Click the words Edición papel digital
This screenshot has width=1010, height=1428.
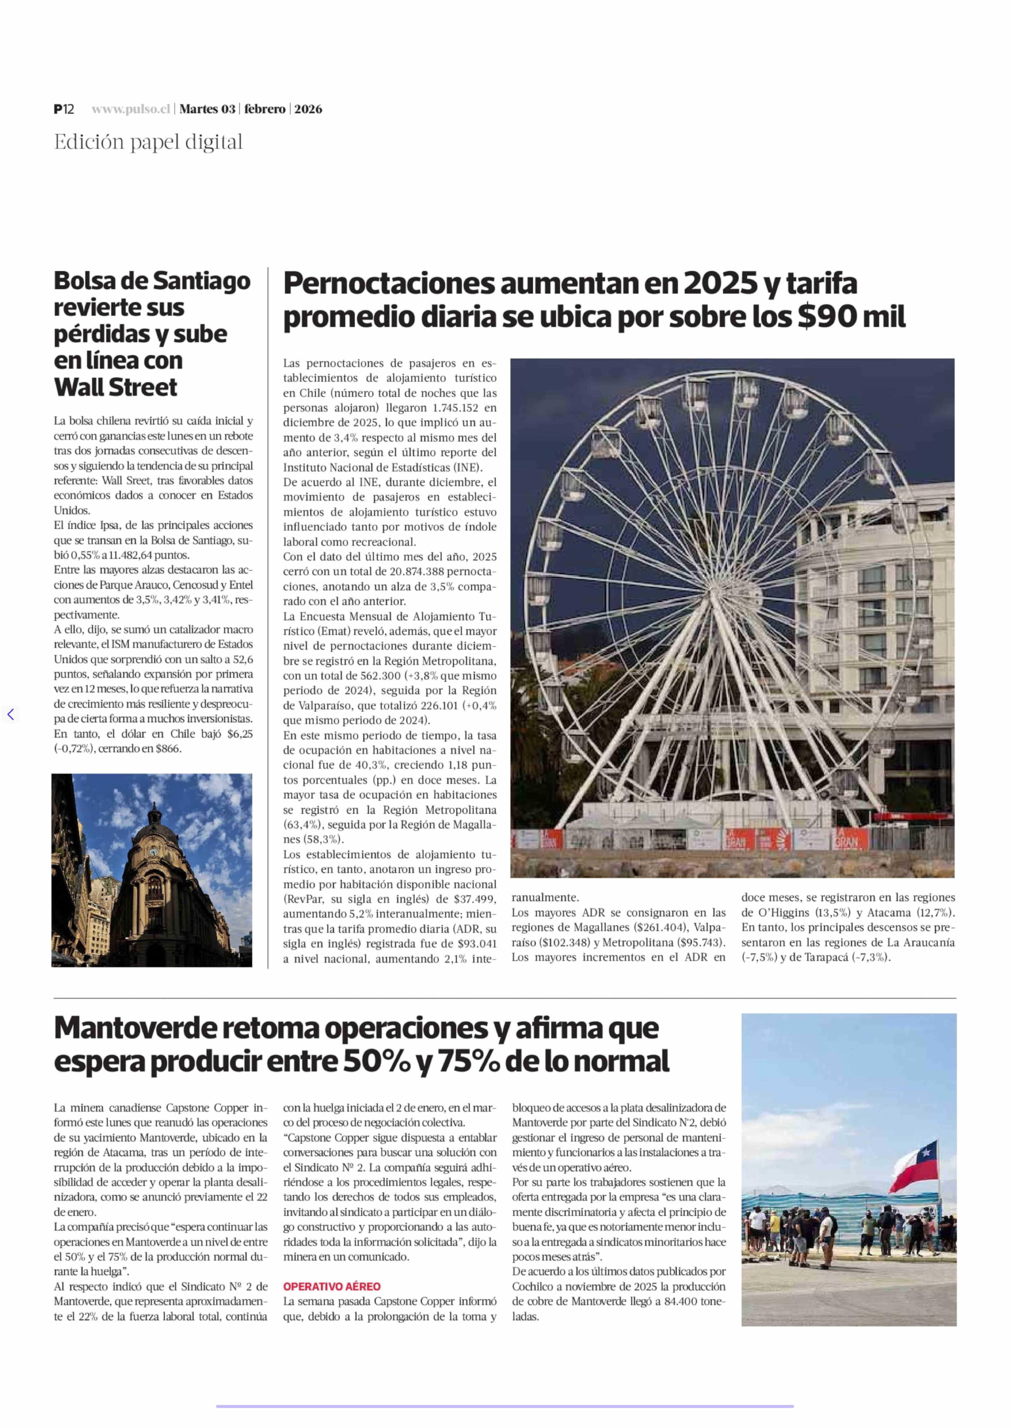tap(148, 142)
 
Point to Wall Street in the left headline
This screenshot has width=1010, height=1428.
tap(116, 388)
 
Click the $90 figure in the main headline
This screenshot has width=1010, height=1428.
tap(826, 317)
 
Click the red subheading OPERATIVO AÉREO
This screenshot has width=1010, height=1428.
tap(331, 1286)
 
